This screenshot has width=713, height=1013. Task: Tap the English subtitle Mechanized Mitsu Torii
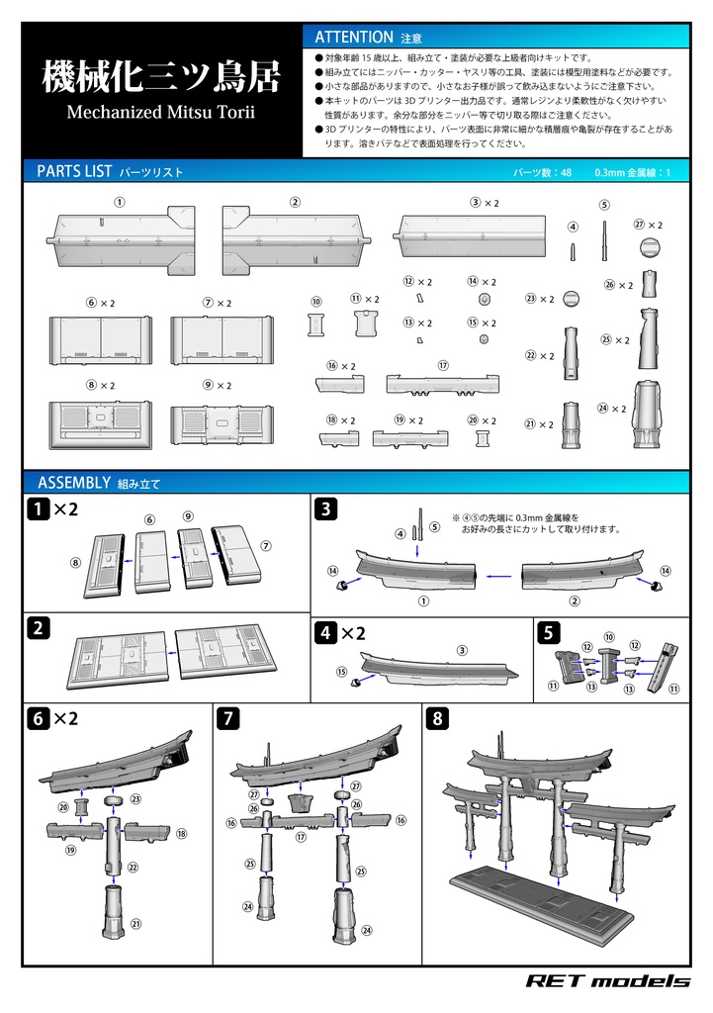(160, 112)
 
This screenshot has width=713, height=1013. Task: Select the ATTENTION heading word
(353, 37)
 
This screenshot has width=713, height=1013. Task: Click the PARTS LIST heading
(74, 171)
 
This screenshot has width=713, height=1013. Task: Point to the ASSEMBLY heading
(73, 483)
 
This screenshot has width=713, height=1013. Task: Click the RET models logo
(607, 980)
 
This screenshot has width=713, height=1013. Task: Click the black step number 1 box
(37, 509)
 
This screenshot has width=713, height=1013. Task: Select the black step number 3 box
(326, 509)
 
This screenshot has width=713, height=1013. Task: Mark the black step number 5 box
(548, 632)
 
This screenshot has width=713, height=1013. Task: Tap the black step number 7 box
(226, 719)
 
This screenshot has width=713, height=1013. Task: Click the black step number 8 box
(437, 719)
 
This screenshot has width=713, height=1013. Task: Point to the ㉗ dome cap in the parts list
(650, 246)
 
